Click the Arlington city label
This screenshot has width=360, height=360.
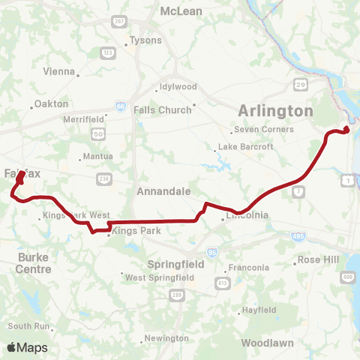[275, 111]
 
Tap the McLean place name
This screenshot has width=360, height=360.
[180, 11]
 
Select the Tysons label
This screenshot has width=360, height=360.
[145, 40]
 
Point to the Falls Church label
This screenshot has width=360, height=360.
[163, 109]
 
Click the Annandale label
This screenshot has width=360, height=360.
[163, 191]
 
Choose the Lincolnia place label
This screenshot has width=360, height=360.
[245, 218]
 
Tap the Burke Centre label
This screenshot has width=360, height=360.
[34, 262]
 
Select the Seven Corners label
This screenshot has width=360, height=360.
[263, 129]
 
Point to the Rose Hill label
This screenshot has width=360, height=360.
[319, 259]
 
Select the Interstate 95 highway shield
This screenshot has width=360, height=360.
[211, 252]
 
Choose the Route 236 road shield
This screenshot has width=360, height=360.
[103, 178]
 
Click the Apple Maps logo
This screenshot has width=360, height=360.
[27, 347]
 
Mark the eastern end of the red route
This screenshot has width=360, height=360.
[347, 130]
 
